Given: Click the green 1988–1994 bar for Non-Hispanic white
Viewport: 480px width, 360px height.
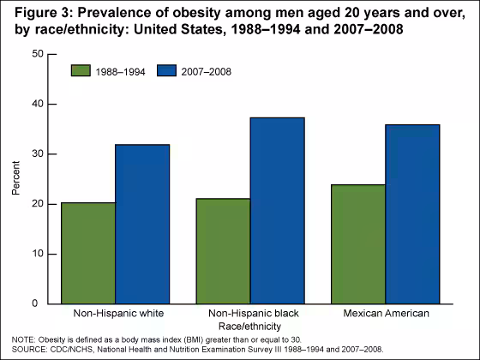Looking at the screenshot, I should coord(88,253).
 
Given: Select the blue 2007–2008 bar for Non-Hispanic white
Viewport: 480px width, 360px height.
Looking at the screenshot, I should coord(142,224).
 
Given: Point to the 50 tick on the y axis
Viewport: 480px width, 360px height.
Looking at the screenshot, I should coord(37,54).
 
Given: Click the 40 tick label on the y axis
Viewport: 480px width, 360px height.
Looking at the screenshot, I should coord(37,104).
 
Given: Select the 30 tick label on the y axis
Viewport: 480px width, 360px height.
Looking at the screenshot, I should coord(37,154).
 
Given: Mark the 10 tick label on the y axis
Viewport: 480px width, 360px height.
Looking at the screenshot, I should coord(37,254).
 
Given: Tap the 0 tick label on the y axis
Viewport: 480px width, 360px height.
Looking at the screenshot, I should coord(39,303).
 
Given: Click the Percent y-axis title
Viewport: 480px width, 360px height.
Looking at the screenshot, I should coord(15,178).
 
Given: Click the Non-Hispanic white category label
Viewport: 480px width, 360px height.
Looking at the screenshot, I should coord(115,315).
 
